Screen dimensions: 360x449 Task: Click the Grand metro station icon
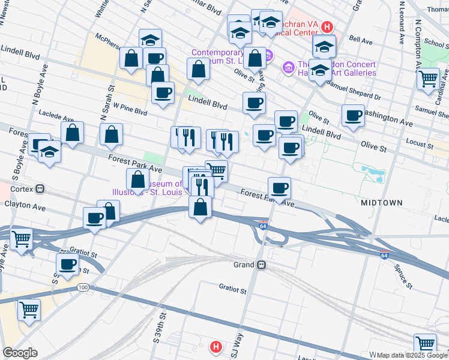click(x=261, y=265)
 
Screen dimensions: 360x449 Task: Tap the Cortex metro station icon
click(x=40, y=188)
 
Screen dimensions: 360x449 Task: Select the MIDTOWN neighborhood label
click(x=382, y=203)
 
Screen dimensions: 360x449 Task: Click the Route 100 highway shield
click(x=83, y=288)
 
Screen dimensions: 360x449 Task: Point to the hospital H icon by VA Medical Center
click(x=327, y=27)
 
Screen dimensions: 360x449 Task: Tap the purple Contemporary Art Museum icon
click(x=268, y=57)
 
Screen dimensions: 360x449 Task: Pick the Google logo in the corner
click(x=19, y=353)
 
